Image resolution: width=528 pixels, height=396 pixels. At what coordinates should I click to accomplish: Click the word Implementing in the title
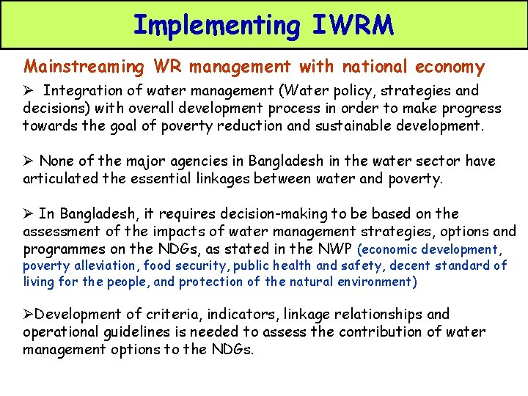coord(216,25)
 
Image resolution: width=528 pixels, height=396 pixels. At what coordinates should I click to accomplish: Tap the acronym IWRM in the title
coord(353,25)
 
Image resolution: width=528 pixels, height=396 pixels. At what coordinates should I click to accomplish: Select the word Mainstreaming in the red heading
coord(84,67)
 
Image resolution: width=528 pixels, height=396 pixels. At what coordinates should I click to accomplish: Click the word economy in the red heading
coord(450,67)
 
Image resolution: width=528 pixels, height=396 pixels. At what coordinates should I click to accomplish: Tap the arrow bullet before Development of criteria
coord(28,315)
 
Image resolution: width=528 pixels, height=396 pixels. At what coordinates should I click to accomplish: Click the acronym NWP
coord(336,249)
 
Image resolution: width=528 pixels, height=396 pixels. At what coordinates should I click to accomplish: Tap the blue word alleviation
coord(103,265)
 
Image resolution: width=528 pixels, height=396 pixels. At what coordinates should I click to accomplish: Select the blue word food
coord(158,265)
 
